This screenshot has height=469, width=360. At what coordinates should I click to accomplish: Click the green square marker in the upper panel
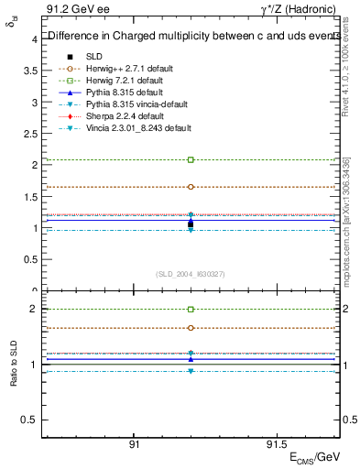point(191,159)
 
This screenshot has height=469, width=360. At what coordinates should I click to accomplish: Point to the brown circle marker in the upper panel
point(191,187)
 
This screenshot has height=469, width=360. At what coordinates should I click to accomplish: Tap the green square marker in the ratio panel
point(191,310)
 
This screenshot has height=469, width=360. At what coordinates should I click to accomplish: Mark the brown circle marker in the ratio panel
point(191,327)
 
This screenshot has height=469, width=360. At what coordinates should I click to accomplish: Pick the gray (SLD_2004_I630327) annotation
point(191,274)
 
